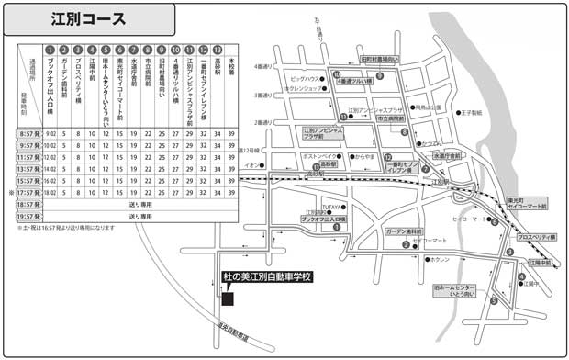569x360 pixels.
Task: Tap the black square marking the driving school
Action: click(x=228, y=298)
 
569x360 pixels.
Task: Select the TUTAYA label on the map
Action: click(x=331, y=208)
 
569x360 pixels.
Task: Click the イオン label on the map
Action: click(x=251, y=164)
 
